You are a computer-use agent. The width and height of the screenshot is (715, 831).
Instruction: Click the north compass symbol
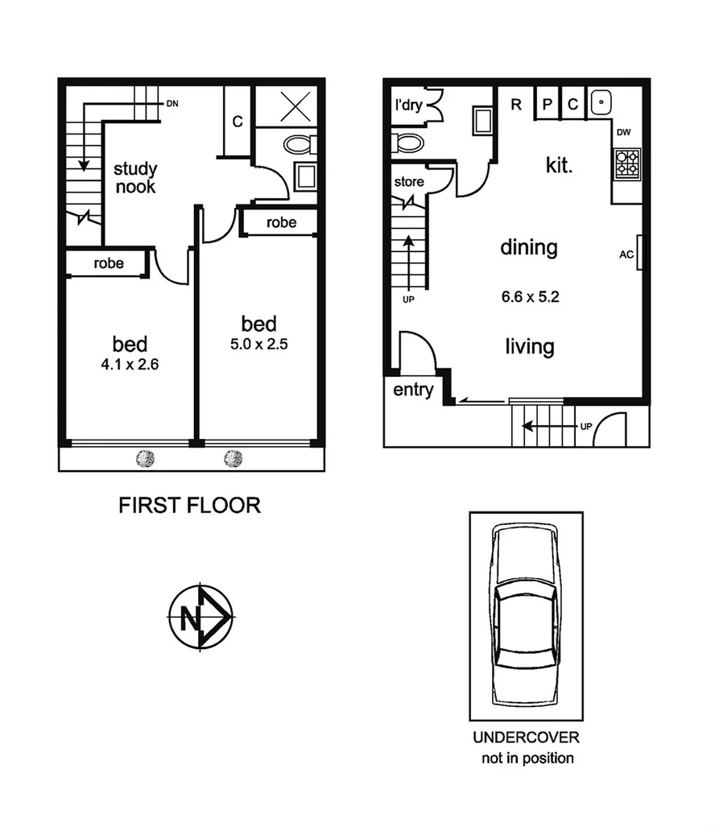(x=200, y=618)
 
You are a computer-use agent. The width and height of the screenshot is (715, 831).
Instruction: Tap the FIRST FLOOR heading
(x=189, y=506)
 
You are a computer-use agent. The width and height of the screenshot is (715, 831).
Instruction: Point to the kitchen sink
(x=601, y=103)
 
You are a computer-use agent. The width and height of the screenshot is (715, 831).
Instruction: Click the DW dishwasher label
(x=624, y=133)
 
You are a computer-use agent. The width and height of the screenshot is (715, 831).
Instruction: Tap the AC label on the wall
(x=626, y=255)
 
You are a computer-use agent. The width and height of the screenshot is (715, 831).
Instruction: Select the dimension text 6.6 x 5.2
(x=530, y=296)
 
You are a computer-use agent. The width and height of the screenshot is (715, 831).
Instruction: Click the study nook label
(x=134, y=178)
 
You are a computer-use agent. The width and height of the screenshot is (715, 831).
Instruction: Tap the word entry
(x=413, y=391)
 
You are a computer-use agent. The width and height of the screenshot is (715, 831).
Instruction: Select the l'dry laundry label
(x=409, y=105)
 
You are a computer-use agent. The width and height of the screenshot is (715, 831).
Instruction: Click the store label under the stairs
(x=408, y=181)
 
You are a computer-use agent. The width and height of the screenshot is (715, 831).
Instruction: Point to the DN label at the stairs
(x=172, y=104)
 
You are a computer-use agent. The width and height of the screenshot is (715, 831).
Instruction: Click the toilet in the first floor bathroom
(x=300, y=145)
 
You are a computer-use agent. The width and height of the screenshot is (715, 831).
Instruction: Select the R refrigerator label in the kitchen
(x=516, y=104)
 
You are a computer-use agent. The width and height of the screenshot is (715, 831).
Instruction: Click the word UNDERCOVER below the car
(x=525, y=738)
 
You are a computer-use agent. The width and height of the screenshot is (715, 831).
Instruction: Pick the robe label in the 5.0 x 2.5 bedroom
(x=281, y=222)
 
